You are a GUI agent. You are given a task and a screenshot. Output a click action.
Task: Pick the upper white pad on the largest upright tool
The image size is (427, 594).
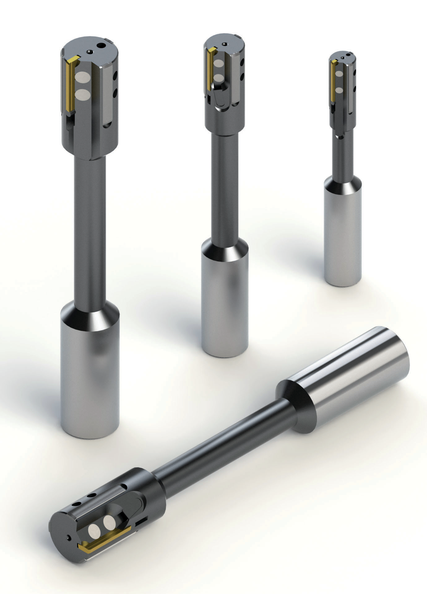click(82, 76)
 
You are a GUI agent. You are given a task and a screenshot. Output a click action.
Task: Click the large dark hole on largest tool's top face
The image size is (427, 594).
click(101, 46)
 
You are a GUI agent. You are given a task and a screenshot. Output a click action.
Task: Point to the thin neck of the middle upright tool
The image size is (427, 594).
click(224, 186)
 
